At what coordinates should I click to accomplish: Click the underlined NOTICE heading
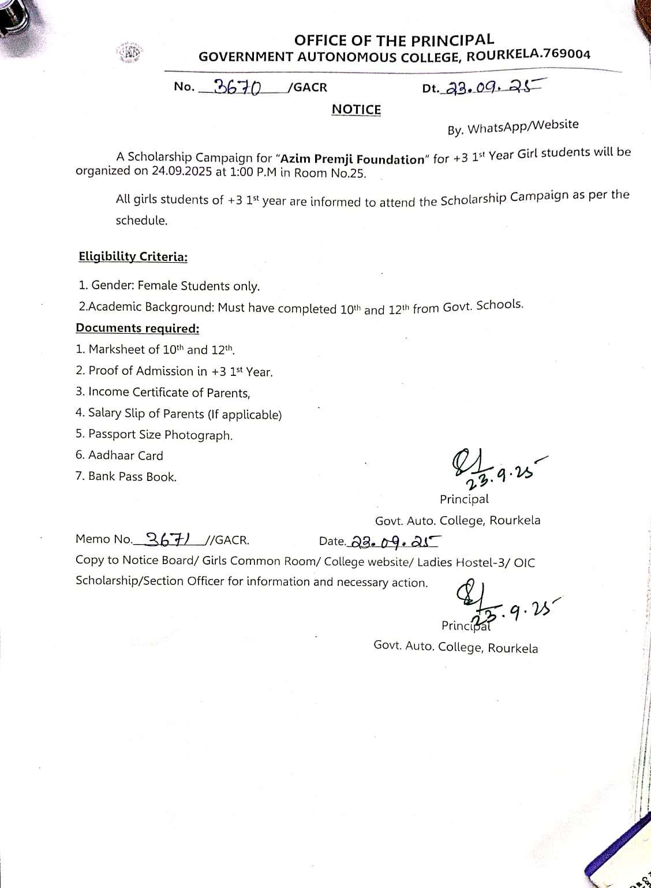pyautogui.click(x=356, y=110)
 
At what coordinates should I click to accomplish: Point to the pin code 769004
pyautogui.click(x=567, y=54)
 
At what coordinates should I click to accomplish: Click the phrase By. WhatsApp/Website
pyautogui.click(x=512, y=126)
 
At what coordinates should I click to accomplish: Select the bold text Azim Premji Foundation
pyautogui.click(x=351, y=159)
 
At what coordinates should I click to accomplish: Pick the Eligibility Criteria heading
pyautogui.click(x=133, y=256)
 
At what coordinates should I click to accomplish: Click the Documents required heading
pyautogui.click(x=137, y=328)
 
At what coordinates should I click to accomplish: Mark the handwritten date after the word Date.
pyautogui.click(x=394, y=542)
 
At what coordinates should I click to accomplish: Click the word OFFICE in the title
pyautogui.click(x=319, y=40)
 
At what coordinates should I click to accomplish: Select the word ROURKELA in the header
pyautogui.click(x=502, y=55)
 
